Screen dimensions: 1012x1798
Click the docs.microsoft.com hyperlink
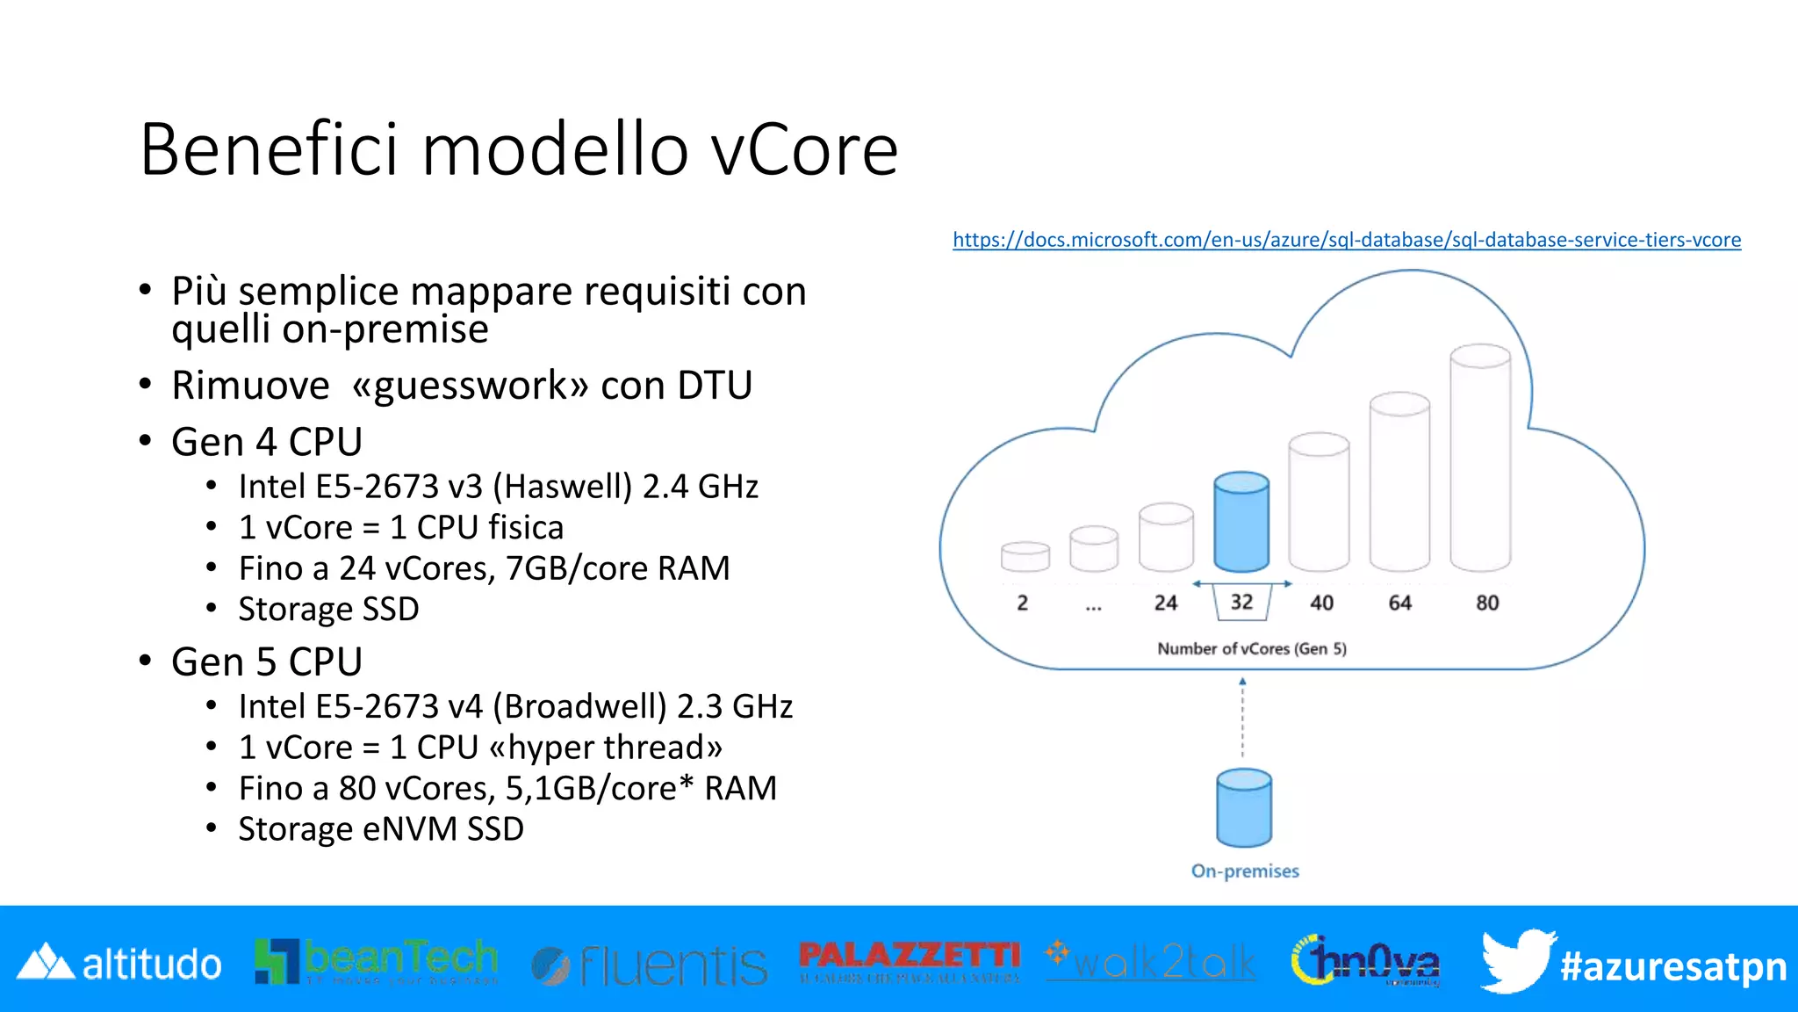[x=1346, y=240]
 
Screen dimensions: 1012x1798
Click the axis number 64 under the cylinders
[x=1399, y=603]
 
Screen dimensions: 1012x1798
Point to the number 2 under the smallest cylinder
[x=1022, y=603]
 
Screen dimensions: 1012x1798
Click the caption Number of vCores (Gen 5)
[x=1251, y=648]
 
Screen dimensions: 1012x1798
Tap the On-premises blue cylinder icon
[x=1243, y=808]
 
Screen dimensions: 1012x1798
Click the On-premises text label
[x=1244, y=871]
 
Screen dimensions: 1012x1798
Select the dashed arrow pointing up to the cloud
[x=1242, y=717]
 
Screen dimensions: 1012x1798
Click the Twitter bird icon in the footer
[x=1516, y=961]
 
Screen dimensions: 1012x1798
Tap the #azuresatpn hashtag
[x=1672, y=966]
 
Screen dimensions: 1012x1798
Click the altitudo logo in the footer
[x=120, y=964]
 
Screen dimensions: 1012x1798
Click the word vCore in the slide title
[x=803, y=149]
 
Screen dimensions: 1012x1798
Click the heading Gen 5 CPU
[x=266, y=661]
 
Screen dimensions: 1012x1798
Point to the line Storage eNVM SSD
[x=381, y=828]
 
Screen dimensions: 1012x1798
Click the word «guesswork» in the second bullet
[x=470, y=385]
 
